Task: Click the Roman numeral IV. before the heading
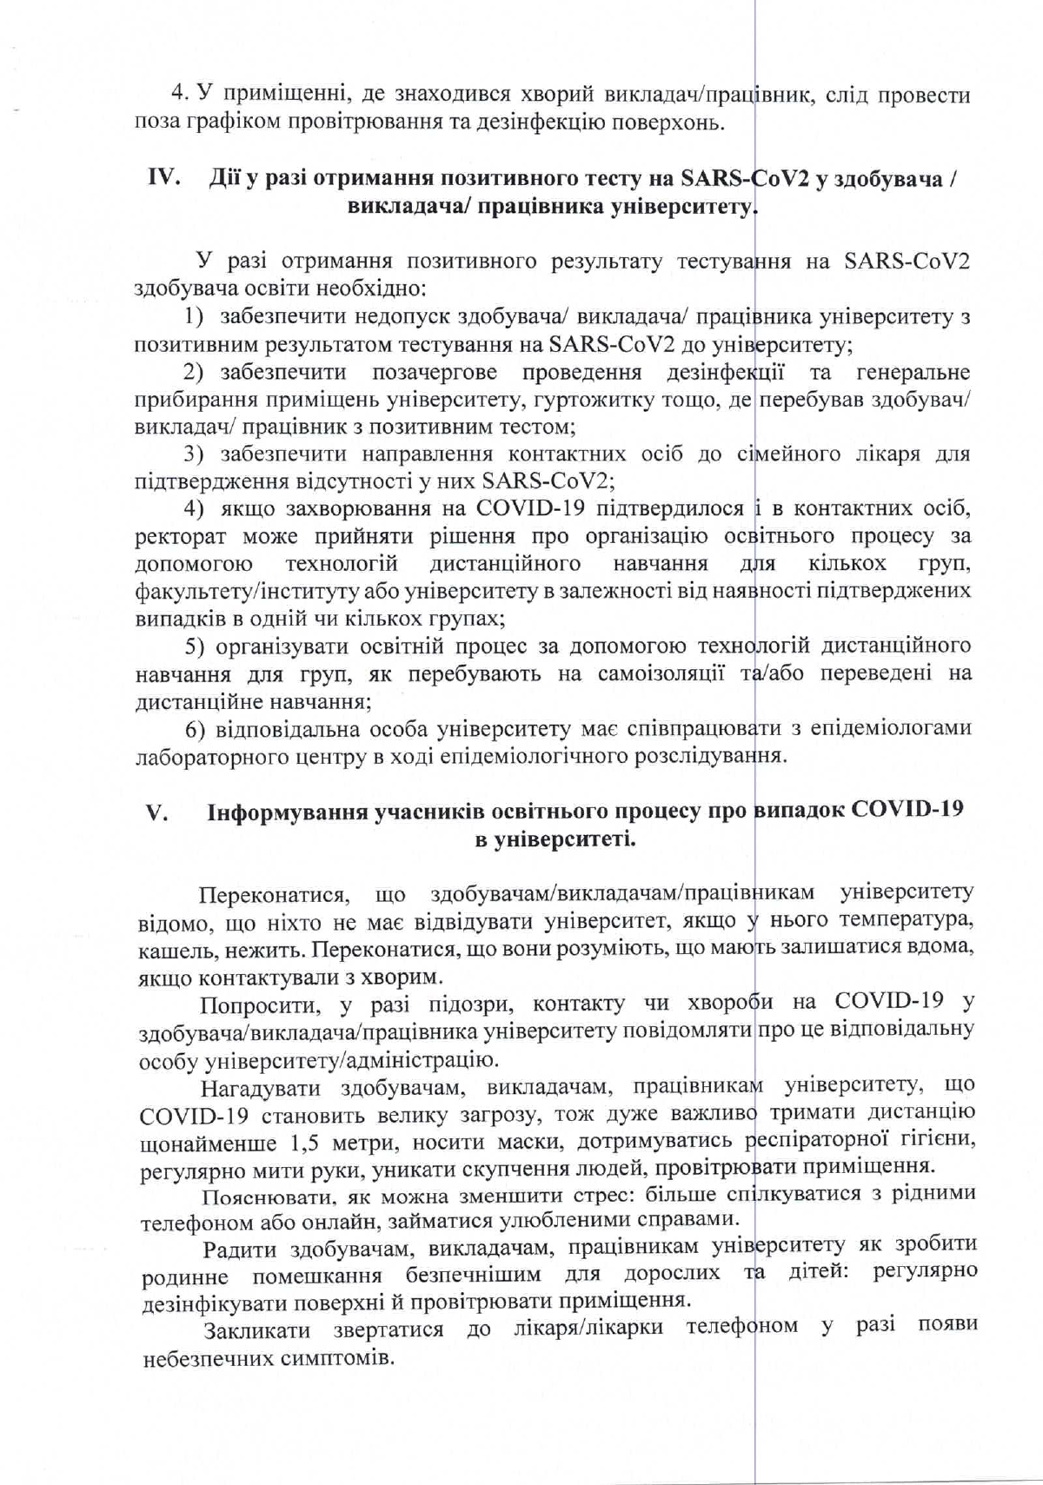pyautogui.click(x=163, y=179)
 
